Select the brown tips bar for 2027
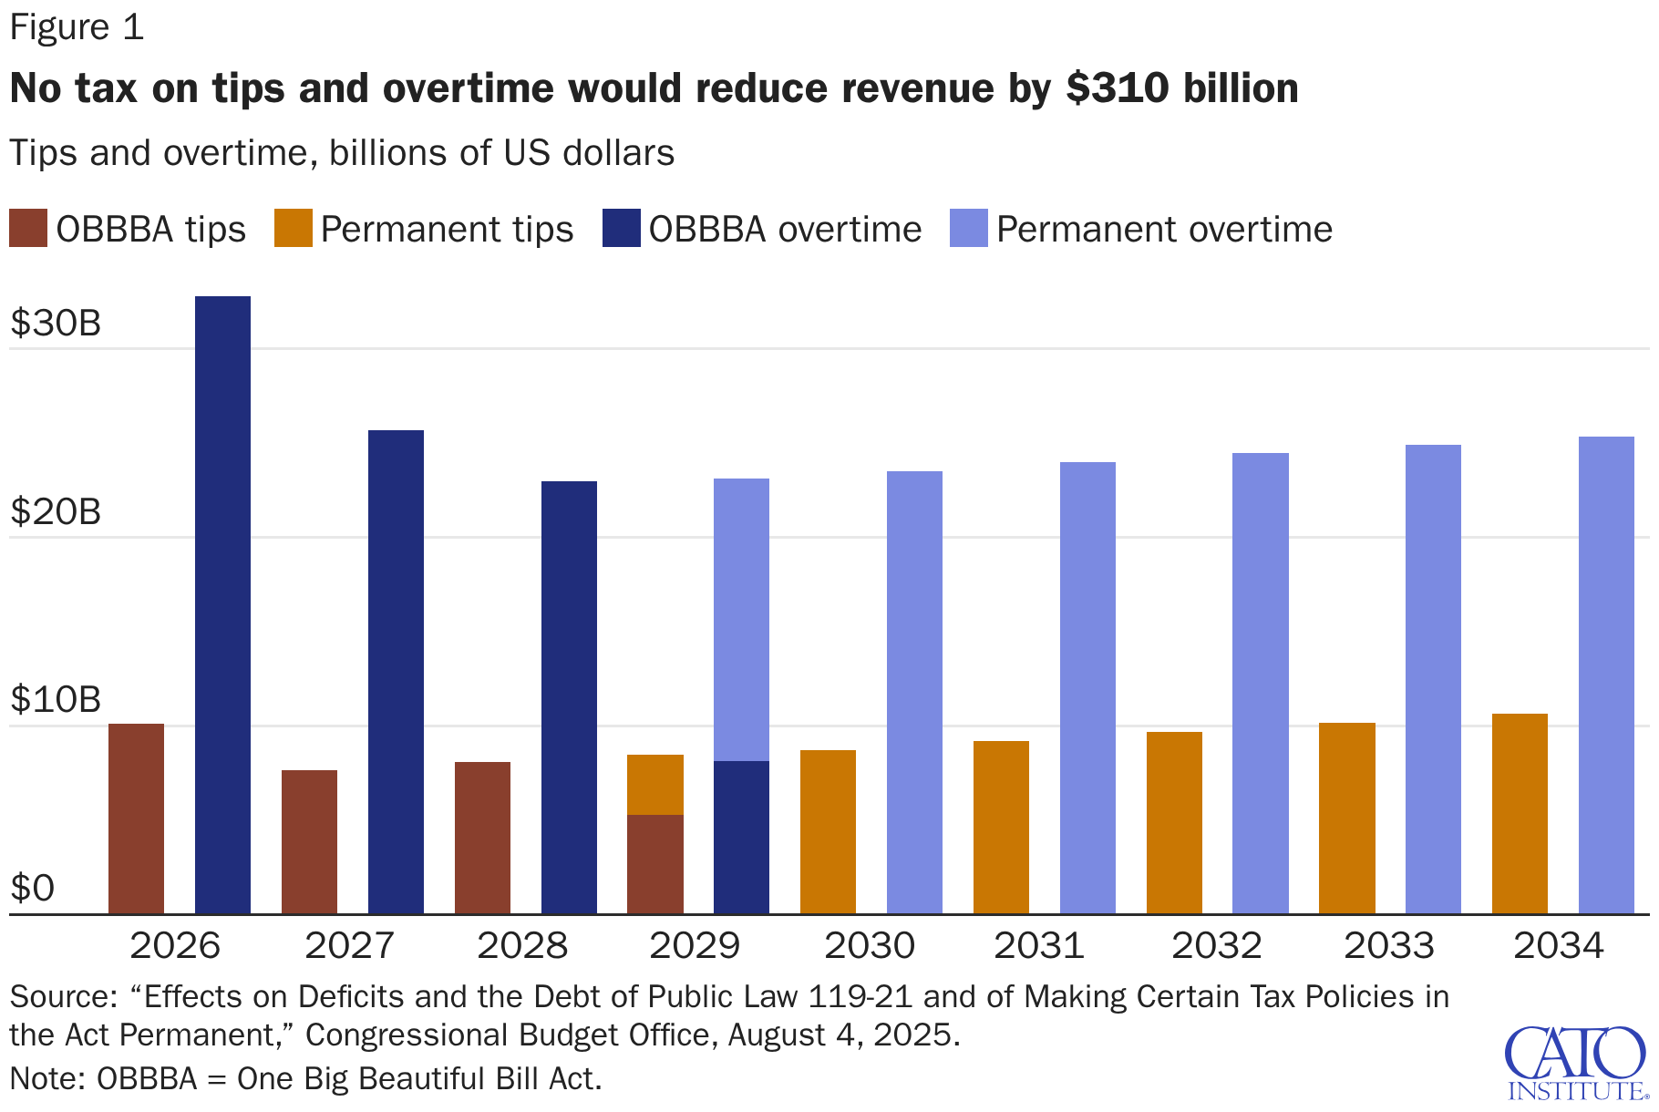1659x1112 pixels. point(309,841)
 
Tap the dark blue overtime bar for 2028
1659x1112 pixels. point(569,697)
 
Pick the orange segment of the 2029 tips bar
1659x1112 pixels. point(654,785)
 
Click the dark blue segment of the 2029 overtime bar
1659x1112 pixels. point(741,837)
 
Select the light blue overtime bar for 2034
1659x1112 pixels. point(1606,674)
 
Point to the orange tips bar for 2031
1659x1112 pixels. point(1001,827)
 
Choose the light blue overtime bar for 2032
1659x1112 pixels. point(1260,683)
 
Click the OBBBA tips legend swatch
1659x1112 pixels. point(28,229)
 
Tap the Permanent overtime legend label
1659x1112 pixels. point(1164,229)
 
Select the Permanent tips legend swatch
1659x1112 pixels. point(293,229)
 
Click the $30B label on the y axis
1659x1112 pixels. point(56,324)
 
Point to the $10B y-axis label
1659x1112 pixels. point(56,700)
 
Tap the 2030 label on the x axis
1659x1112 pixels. point(869,945)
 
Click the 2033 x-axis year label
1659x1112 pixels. point(1388,945)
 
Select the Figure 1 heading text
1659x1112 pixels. point(77,27)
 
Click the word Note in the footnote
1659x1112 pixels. point(46,1079)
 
